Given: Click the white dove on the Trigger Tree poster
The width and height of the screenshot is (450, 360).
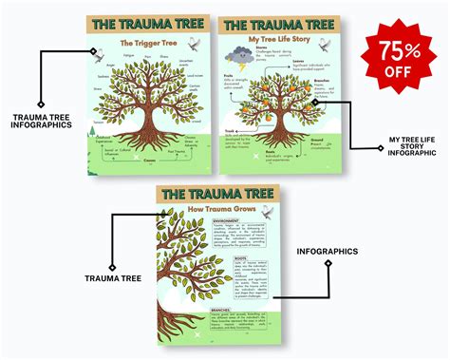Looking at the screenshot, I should (196, 43).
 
